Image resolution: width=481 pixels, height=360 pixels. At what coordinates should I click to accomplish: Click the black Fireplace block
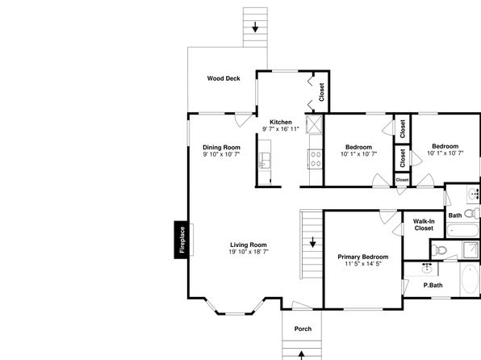pyautogui.click(x=181, y=240)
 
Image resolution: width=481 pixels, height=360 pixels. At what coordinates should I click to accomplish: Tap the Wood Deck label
pyautogui.click(x=224, y=78)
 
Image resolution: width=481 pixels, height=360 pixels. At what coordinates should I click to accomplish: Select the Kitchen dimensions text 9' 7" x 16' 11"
pyautogui.click(x=281, y=129)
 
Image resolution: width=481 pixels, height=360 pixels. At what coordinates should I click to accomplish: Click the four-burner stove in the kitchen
pyautogui.click(x=316, y=159)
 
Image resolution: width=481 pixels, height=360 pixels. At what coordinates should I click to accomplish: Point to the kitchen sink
pyautogui.click(x=264, y=161)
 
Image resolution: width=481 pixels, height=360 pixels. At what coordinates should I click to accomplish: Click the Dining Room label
pyautogui.click(x=221, y=148)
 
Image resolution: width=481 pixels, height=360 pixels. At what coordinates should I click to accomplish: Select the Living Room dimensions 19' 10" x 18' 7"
pyautogui.click(x=249, y=252)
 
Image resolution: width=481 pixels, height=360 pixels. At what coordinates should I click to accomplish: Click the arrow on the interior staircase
pyautogui.click(x=312, y=242)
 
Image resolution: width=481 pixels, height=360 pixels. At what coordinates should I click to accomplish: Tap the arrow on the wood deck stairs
pyautogui.click(x=255, y=27)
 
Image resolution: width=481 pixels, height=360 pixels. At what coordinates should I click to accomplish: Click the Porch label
pyautogui.click(x=303, y=329)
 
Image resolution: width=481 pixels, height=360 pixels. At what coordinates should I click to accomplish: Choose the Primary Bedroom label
pyautogui.click(x=363, y=257)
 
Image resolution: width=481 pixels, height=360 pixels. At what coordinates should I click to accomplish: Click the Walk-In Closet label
pyautogui.click(x=424, y=224)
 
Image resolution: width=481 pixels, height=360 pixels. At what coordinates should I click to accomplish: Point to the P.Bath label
pyautogui.click(x=433, y=285)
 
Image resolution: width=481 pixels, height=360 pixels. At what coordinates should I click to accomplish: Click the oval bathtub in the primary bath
pyautogui.click(x=471, y=279)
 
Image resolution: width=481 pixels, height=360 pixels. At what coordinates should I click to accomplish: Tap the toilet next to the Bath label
pyautogui.click(x=472, y=213)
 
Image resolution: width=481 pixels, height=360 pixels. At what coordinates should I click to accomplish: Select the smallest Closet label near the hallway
pyautogui.click(x=402, y=180)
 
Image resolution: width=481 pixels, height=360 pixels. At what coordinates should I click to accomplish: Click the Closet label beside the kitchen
pyautogui.click(x=321, y=92)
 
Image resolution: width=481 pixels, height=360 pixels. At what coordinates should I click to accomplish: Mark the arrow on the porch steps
pyautogui.click(x=301, y=355)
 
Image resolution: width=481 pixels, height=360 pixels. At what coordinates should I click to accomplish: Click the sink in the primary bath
pyautogui.click(x=427, y=268)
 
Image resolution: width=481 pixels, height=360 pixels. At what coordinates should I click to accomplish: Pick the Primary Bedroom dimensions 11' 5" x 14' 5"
pyautogui.click(x=363, y=264)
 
